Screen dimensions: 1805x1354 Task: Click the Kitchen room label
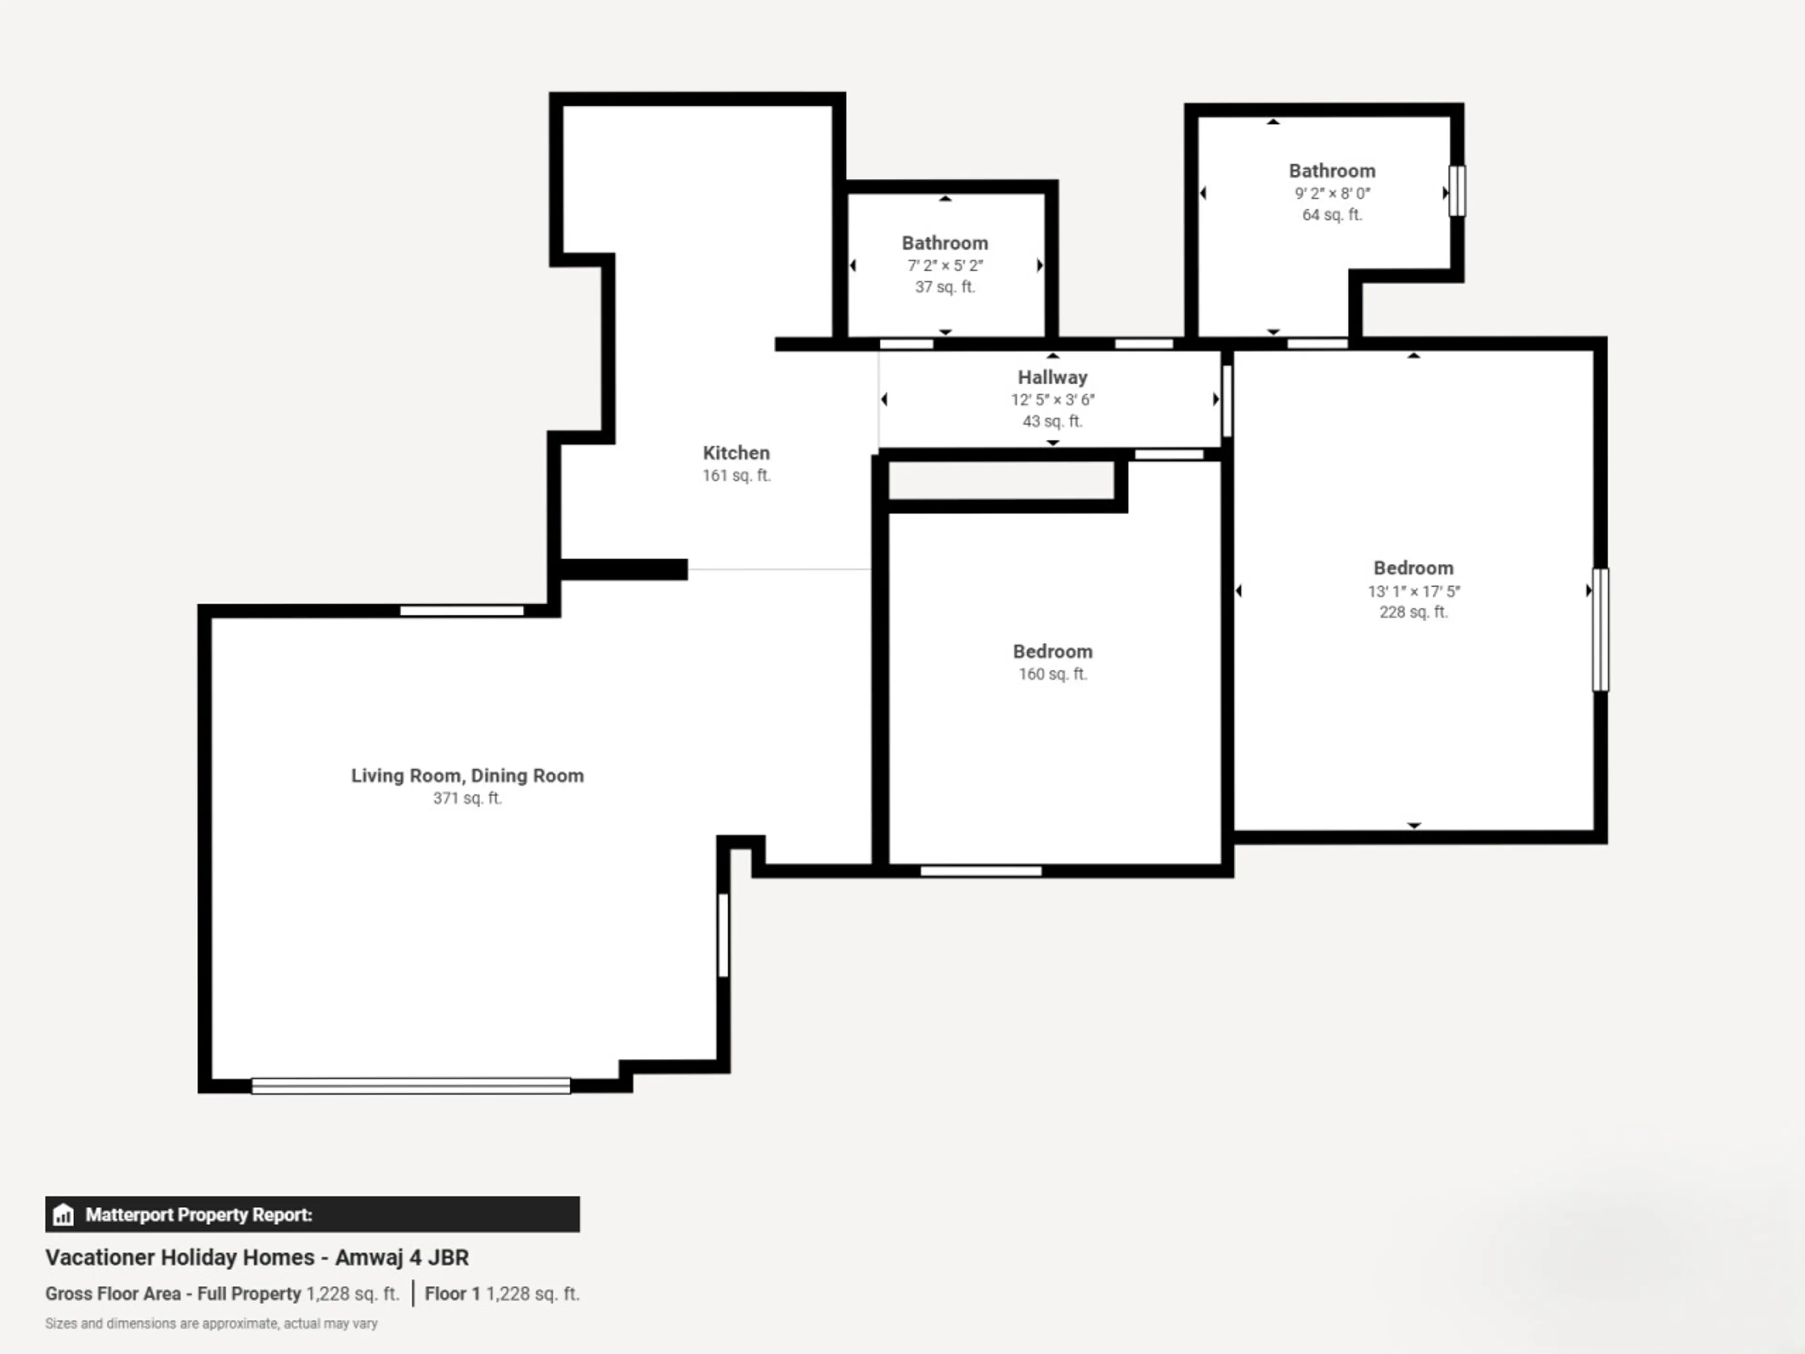pyautogui.click(x=736, y=453)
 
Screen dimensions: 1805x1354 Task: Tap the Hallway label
pyautogui.click(x=1052, y=377)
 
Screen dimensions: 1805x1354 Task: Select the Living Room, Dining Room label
pyautogui.click(x=468, y=775)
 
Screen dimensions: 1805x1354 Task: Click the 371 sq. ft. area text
pyautogui.click(x=468, y=798)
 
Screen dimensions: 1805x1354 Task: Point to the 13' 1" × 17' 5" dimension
pyautogui.click(x=1413, y=591)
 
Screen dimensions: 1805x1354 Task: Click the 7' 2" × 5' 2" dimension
pyautogui.click(x=945, y=265)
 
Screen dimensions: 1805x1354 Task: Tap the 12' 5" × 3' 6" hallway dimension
pyautogui.click(x=1052, y=400)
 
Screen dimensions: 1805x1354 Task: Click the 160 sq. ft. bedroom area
pyautogui.click(x=1052, y=674)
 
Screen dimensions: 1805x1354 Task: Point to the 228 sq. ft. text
pyautogui.click(x=1413, y=612)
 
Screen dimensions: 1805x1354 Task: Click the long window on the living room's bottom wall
pyautogui.click(x=410, y=1086)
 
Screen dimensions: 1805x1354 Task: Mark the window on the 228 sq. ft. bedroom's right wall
pyautogui.click(x=1600, y=629)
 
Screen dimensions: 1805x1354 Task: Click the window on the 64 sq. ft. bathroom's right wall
pyautogui.click(x=1457, y=191)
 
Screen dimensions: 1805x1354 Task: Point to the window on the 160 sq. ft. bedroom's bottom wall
pyautogui.click(x=981, y=871)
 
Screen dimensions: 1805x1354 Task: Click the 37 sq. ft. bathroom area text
pyautogui.click(x=945, y=286)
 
